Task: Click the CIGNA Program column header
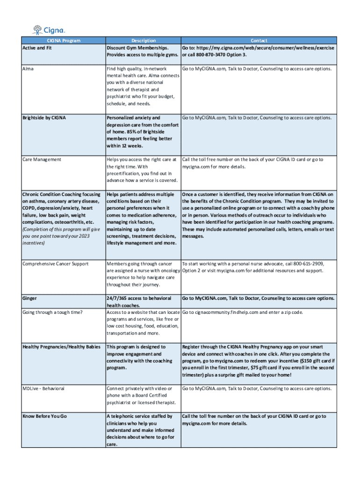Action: pyautogui.click(x=63, y=41)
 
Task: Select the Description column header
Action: pyautogui.click(x=144, y=41)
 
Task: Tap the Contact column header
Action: pyautogui.click(x=259, y=41)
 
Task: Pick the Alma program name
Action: pyautogui.click(x=28, y=69)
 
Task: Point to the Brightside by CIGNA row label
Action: pyautogui.click(x=44, y=118)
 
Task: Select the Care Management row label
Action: pyautogui.click(x=42, y=160)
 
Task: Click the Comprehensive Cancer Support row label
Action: pyautogui.click(x=55, y=264)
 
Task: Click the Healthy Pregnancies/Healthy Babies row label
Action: pyautogui.click(x=61, y=347)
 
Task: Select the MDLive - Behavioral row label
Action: pyautogui.click(x=43, y=389)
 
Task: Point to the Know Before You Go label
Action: pyautogui.click(x=44, y=416)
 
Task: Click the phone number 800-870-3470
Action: pyautogui.click(x=207, y=55)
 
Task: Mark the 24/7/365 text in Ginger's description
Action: pyautogui.click(x=117, y=298)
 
